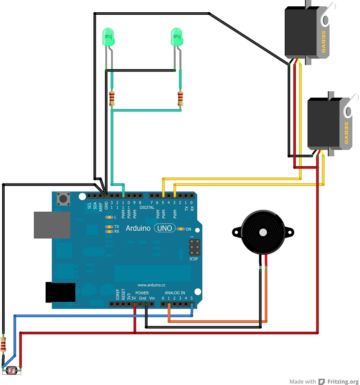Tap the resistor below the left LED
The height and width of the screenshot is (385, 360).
click(112, 99)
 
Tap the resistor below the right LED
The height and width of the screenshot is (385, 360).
click(181, 99)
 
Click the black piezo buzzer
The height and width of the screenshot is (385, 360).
click(262, 232)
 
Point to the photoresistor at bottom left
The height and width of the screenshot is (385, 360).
click(11, 371)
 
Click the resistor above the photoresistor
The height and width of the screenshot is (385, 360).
click(4, 345)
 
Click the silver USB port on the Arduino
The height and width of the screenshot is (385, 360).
click(52, 225)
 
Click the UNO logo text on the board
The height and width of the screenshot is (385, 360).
click(165, 228)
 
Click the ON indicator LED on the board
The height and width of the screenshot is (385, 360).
click(181, 229)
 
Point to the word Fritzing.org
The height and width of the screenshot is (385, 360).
click(343, 381)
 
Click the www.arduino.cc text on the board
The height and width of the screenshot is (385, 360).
click(151, 285)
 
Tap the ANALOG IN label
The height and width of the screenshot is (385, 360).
click(175, 292)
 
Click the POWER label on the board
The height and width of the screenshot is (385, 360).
click(142, 292)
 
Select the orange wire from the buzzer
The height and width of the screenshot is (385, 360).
click(266, 296)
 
